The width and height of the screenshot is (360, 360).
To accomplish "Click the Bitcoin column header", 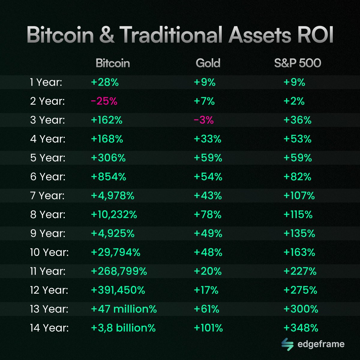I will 113,63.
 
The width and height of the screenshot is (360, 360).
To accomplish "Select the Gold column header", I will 208,63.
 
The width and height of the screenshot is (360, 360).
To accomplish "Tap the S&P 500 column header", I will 297,63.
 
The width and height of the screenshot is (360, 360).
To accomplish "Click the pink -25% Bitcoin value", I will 104,101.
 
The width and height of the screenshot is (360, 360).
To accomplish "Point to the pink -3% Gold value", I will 204,120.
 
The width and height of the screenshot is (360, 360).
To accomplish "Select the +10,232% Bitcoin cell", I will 114,214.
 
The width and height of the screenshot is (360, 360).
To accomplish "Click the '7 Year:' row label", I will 47,196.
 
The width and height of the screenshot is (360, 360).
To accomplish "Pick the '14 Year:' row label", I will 49,328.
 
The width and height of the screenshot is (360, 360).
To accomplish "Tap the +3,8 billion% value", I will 123,328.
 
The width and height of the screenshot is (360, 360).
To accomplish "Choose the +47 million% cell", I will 124,309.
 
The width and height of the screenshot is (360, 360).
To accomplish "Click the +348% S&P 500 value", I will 301,328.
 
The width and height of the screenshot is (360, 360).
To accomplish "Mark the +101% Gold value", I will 208,328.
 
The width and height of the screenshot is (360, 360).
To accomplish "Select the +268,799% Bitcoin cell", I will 119,271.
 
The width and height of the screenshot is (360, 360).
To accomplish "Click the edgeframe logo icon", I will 287,344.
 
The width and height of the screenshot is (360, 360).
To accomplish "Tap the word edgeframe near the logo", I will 321,344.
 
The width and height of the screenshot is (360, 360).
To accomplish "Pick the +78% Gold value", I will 208,214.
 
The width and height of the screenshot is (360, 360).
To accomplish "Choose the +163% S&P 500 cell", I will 299,252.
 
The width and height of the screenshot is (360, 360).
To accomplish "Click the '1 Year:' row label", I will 46,82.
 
